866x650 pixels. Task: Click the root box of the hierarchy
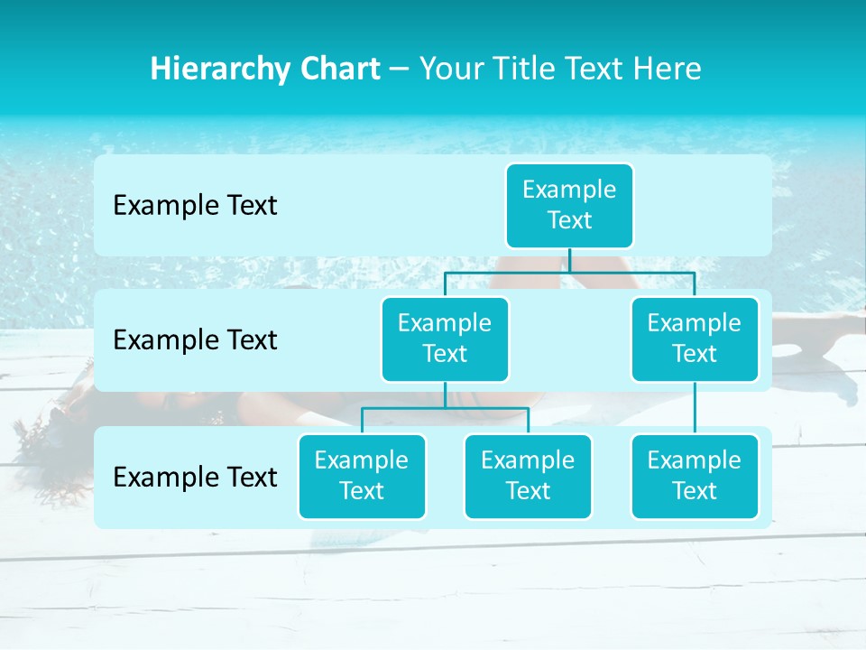point(569,205)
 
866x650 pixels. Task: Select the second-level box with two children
point(445,339)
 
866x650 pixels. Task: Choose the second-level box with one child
point(695,339)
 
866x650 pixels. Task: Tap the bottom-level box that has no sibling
point(695,476)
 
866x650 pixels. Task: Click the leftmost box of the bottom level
point(362,476)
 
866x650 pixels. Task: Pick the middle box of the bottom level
point(528,476)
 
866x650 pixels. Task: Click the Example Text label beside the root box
point(195,206)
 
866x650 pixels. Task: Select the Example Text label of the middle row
point(195,340)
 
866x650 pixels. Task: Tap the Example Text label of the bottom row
point(195,477)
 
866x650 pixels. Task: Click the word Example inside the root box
point(569,190)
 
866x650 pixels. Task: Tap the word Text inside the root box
point(569,220)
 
